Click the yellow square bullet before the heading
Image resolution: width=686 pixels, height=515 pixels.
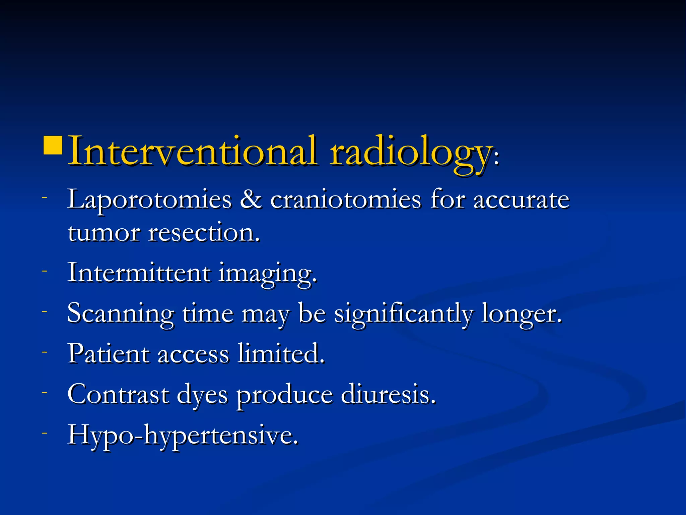coord(53,145)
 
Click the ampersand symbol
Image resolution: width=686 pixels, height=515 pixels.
coord(251,199)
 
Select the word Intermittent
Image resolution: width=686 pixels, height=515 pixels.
coord(139,273)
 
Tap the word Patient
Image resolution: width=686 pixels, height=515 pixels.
coord(109,354)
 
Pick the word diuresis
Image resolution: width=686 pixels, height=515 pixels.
coord(388,394)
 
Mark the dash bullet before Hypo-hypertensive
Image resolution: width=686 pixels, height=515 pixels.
coord(45,433)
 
